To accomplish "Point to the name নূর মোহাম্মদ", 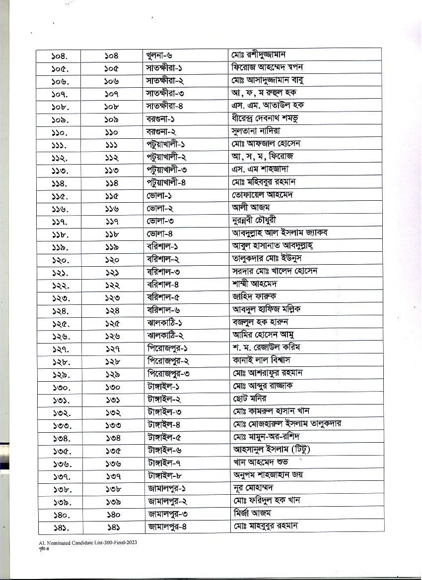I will [x=256, y=487].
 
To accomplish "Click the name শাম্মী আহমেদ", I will [x=254, y=284].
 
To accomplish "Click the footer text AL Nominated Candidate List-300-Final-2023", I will [x=87, y=543].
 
